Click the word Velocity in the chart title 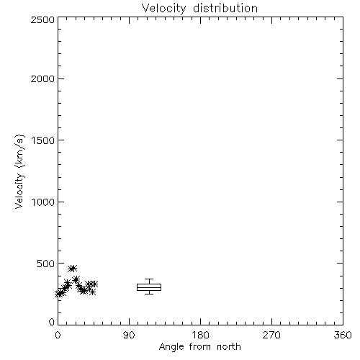(x=164, y=9)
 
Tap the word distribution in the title (x=225, y=8)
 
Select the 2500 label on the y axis (x=42, y=19)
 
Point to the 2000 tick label (x=42, y=79)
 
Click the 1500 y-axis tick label (x=43, y=140)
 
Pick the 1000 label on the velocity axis (x=43, y=202)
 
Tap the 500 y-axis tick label (x=46, y=264)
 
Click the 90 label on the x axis (x=129, y=335)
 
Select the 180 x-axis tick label (x=200, y=335)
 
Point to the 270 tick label (x=271, y=335)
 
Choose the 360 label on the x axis (x=343, y=335)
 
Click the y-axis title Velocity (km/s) (x=19, y=171)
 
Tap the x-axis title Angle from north (x=200, y=347)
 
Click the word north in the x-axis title (x=229, y=347)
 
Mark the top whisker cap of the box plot (x=149, y=279)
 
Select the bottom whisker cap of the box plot (x=149, y=294)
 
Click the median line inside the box (x=149, y=287)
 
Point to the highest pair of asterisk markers (x=72, y=269)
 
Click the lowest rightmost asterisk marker (x=92, y=292)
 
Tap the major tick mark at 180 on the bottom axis (x=200, y=322)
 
